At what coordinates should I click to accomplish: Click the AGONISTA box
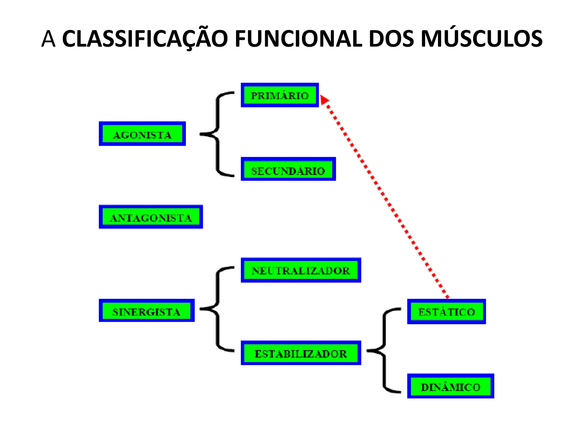coord(142,134)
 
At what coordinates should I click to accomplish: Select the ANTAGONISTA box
coord(151,217)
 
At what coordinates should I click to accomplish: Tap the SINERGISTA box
coord(147,311)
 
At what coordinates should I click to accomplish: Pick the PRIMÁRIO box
coord(280,95)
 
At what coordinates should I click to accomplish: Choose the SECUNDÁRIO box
coord(288,169)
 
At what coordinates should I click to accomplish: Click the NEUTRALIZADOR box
coord(301,270)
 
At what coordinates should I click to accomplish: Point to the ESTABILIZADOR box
coord(301,353)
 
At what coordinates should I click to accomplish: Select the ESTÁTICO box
coord(446,311)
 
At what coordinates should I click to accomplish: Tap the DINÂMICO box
coord(451,386)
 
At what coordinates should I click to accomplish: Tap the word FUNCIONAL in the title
coord(298,39)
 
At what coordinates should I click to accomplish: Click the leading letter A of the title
coord(48,39)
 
